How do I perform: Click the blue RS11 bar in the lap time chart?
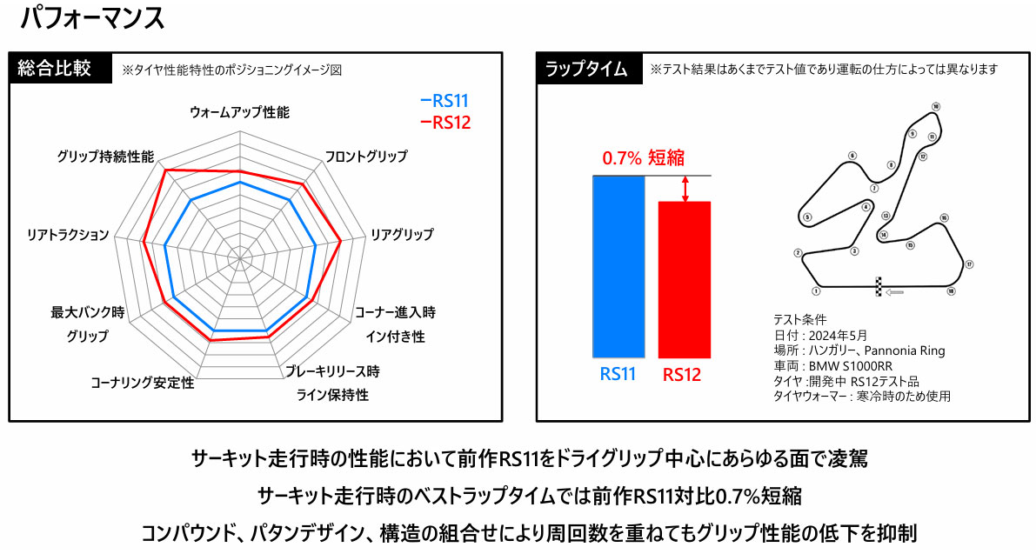click(x=618, y=266)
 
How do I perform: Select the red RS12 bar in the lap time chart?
click(x=685, y=279)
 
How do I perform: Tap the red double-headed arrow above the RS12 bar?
click(x=685, y=189)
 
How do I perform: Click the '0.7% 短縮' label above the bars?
click(x=643, y=157)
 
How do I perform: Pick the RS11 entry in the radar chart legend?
click(x=444, y=101)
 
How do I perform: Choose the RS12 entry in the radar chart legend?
click(x=444, y=123)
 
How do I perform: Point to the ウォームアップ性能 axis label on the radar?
click(x=239, y=113)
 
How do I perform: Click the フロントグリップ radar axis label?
click(x=365, y=157)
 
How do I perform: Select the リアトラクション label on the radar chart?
click(x=68, y=236)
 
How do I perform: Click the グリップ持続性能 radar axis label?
click(x=105, y=157)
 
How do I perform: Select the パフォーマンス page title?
click(x=92, y=18)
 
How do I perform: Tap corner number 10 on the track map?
click(x=935, y=107)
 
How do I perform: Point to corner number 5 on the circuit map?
click(x=807, y=217)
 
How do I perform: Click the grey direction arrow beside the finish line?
click(x=894, y=292)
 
